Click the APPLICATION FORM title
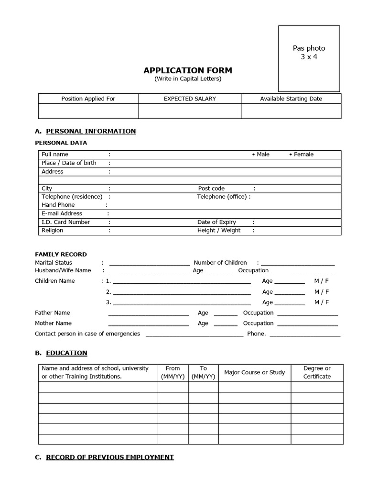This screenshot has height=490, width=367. tap(188, 71)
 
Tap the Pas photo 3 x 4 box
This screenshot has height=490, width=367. tap(309, 58)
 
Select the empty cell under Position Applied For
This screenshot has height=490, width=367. tap(88, 111)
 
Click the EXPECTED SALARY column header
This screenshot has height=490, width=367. tap(190, 99)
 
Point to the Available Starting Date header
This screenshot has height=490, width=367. tap(291, 99)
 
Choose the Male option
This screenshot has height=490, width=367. tap(261, 154)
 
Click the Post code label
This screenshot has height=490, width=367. tap(211, 189)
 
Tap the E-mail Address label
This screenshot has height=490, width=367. tap(62, 213)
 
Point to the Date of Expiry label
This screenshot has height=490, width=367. tap(216, 222)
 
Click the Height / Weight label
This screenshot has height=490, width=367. tap(219, 230)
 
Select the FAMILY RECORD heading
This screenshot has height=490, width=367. tap(61, 254)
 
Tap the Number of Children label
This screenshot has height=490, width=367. tap(220, 263)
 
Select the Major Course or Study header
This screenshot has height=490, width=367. tap(254, 372)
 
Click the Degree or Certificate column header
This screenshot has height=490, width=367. tap(317, 372)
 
